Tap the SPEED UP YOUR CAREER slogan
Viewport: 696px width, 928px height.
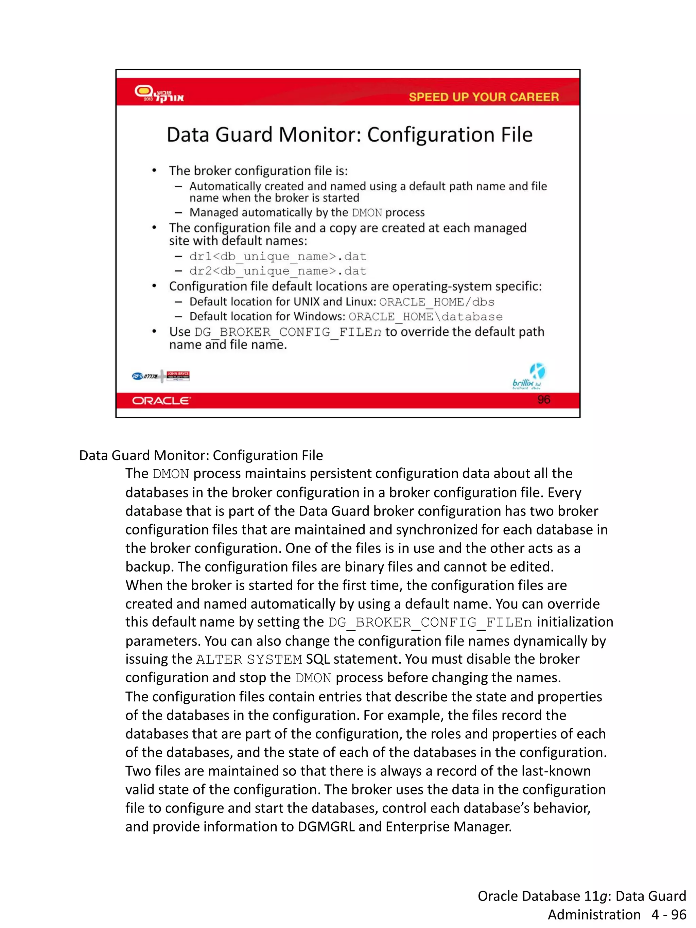tap(483, 97)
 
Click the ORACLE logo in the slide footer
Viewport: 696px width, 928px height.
tap(161, 401)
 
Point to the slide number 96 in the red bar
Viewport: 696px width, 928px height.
tap(543, 399)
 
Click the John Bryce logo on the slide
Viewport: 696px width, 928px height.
tap(178, 376)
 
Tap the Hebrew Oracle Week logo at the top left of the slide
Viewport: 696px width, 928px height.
tap(159, 93)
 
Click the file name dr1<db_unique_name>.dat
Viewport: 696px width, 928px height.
tap(278, 256)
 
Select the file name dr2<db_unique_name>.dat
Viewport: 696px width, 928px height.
tap(278, 271)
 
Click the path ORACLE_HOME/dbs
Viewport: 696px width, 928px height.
tap(437, 302)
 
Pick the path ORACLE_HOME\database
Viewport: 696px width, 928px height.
tap(425, 317)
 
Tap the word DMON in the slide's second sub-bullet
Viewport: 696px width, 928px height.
tap(367, 213)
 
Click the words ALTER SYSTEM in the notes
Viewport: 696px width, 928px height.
tap(249, 659)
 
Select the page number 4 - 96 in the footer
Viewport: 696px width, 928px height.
tap(669, 914)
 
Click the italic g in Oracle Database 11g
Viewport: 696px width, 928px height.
tap(603, 896)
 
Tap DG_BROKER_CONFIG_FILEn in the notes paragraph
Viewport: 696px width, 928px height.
tap(430, 622)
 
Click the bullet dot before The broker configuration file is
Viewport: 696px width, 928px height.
tap(154, 171)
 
